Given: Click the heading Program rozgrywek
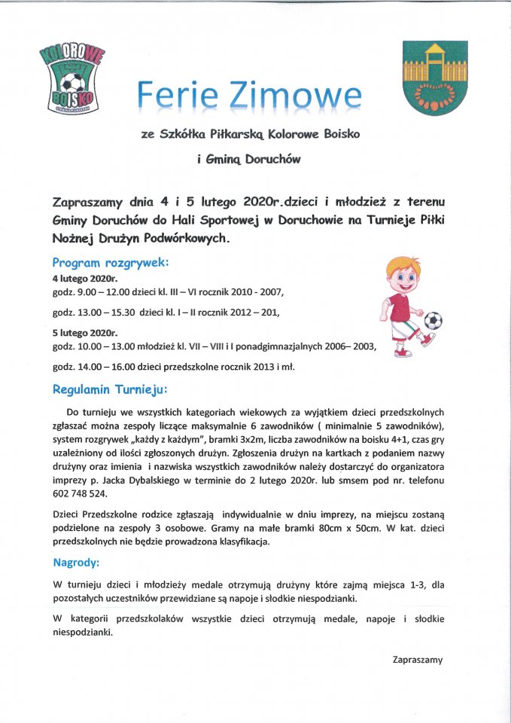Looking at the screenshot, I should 111,263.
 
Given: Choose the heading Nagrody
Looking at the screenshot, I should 77,562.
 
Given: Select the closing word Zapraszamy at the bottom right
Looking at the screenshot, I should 418,660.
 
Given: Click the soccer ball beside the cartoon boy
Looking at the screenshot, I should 433,322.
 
